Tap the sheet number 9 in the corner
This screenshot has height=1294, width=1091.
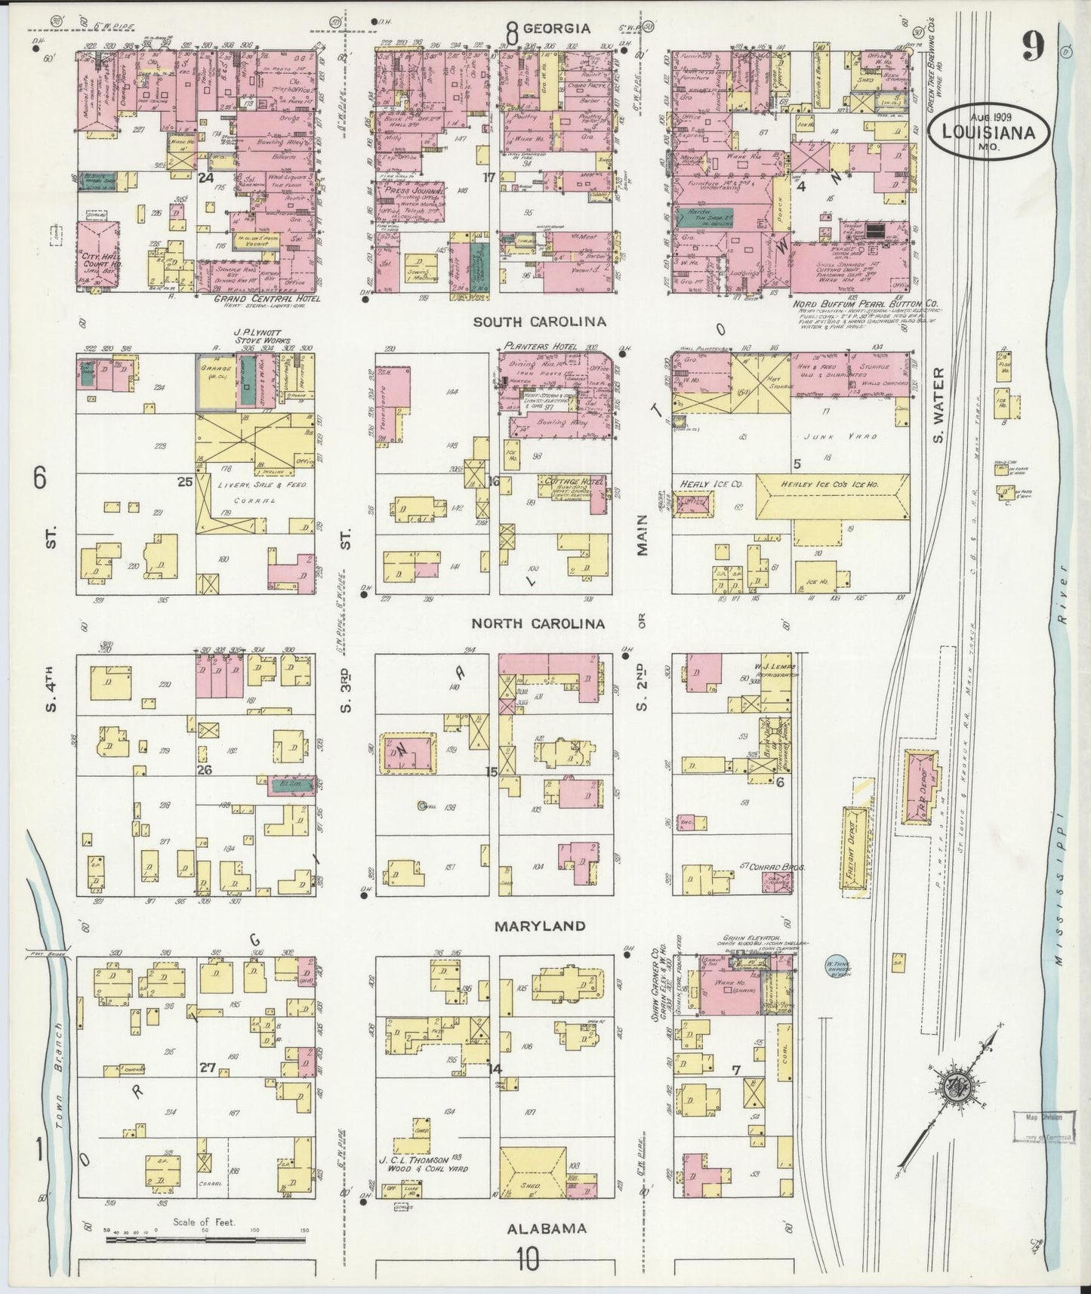click(x=1034, y=48)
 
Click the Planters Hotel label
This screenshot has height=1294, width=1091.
click(x=538, y=347)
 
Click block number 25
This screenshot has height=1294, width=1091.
click(x=184, y=481)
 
